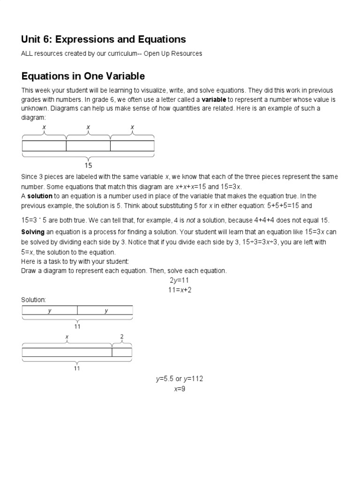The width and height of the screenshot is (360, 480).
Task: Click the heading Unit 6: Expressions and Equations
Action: coord(104,39)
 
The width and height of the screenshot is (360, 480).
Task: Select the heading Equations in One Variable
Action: coord(83,76)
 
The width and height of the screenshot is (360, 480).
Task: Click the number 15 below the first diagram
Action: coord(88,165)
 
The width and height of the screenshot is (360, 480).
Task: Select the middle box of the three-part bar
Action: coord(88,146)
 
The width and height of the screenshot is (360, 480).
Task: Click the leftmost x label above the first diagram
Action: coord(44,127)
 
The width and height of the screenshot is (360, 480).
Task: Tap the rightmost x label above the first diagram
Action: coord(132,127)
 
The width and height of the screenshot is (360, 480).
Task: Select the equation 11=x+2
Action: coord(180,290)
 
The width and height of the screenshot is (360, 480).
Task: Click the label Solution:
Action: coord(34,299)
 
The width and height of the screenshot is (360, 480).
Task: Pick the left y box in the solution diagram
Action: coord(50,310)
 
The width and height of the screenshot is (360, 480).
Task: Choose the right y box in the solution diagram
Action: coord(105,310)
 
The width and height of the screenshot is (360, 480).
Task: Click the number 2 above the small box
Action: coord(122,337)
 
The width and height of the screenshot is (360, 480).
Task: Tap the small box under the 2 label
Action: coord(122,352)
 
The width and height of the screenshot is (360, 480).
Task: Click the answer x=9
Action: coord(180,389)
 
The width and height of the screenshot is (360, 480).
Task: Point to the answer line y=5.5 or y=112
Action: coord(180,379)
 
